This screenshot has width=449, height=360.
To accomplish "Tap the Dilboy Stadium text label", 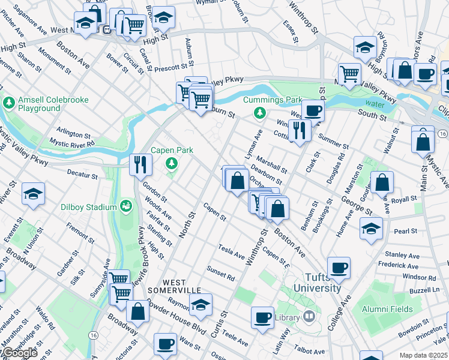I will pos(88,207).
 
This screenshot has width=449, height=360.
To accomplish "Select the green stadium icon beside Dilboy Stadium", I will pos(126,207).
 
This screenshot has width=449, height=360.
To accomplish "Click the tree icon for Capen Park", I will pos(172,163).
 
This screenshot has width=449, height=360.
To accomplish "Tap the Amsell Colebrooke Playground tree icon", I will pos(9,103).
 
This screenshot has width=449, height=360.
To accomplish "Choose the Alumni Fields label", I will pos(387,309).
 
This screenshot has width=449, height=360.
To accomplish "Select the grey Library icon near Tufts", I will pos(309,316).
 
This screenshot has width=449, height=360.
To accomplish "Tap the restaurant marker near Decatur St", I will pos(140,164).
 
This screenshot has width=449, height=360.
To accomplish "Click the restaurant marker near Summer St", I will pos(298,130).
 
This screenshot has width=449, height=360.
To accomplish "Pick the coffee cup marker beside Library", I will pos(262,317).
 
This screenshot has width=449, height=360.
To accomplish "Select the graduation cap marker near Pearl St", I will pos(371,229).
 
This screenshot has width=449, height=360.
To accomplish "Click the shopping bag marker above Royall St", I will pos(381,182).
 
